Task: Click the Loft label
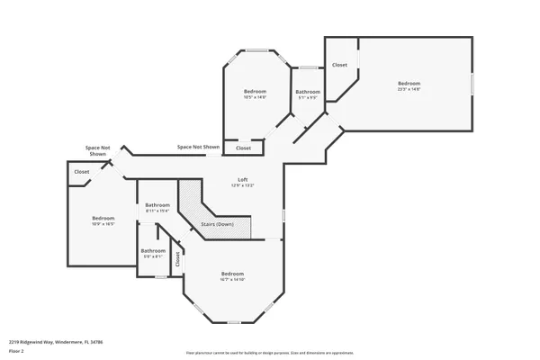click(242, 179)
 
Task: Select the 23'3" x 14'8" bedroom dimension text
click(409, 89)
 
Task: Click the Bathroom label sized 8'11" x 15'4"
click(157, 205)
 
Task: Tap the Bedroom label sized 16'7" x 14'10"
click(233, 273)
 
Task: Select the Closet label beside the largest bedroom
click(339, 65)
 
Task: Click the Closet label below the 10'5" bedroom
click(243, 148)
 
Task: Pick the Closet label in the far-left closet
click(82, 171)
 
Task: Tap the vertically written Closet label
click(178, 258)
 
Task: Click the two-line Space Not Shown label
click(98, 150)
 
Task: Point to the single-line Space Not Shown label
click(198, 147)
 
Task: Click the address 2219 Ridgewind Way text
click(56, 342)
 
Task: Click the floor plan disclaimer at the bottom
click(269, 353)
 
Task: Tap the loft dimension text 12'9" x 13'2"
click(242, 185)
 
